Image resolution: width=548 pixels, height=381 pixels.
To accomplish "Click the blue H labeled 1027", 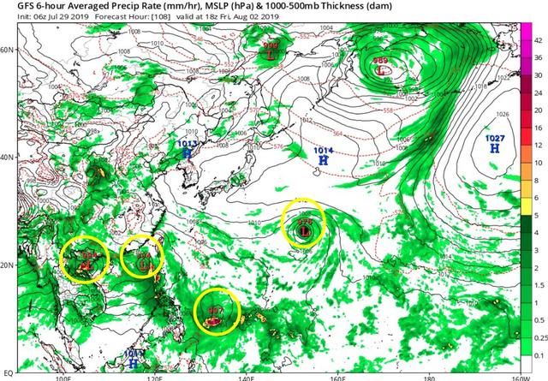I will pyautogui.click(x=494, y=148).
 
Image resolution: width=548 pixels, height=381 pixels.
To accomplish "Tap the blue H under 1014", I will pyautogui.click(x=323, y=160).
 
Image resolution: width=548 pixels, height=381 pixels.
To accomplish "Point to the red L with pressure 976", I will pyautogui.click(x=304, y=230).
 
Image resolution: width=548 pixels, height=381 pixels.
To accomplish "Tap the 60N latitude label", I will pyautogui.click(x=9, y=50).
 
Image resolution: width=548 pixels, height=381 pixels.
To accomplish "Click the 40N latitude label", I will pyautogui.click(x=9, y=158).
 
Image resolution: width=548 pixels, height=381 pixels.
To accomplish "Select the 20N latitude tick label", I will pyautogui.click(x=9, y=265).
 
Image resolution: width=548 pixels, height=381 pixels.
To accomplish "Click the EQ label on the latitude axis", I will pyautogui.click(x=9, y=372).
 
